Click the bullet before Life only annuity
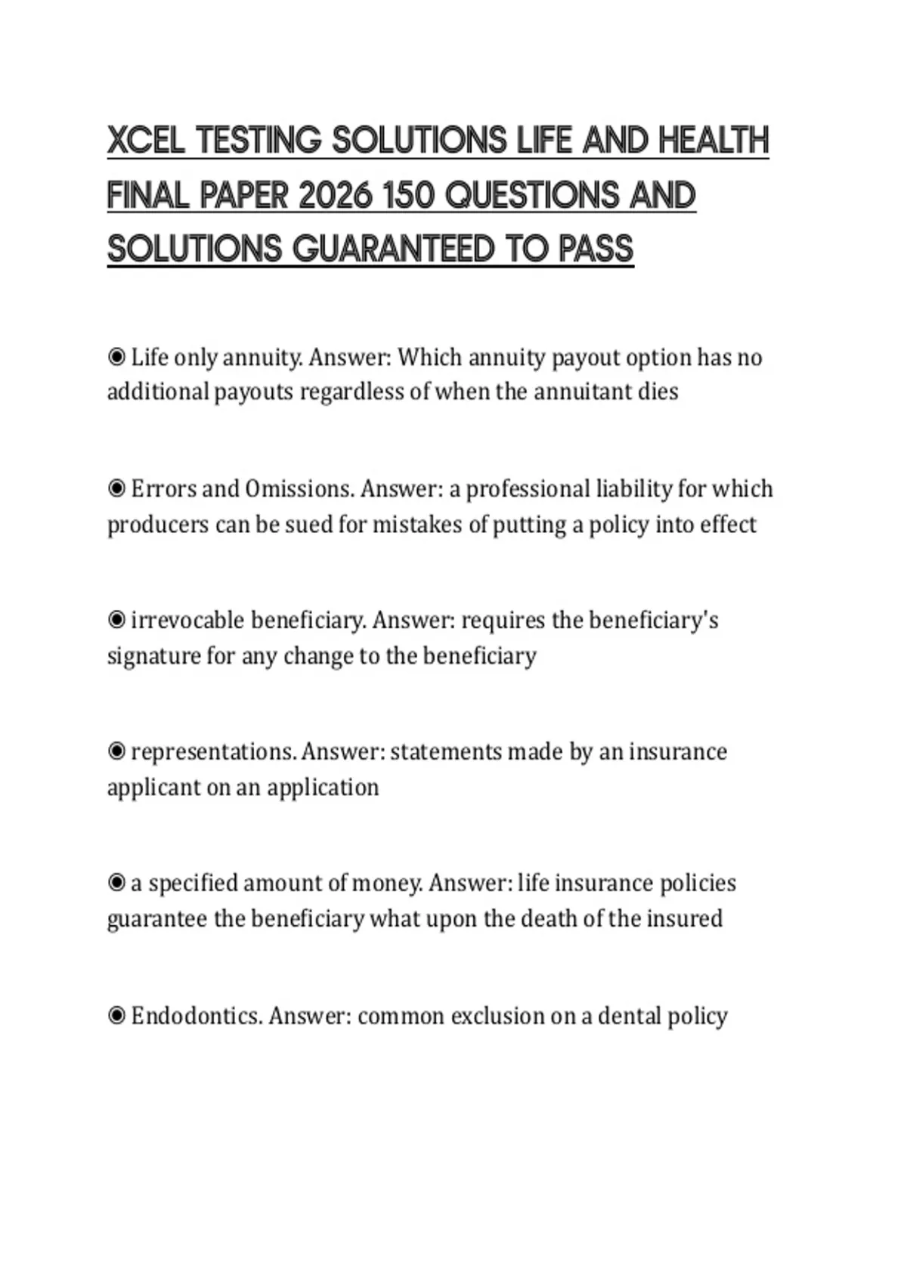coord(116,357)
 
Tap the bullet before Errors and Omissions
coord(116,489)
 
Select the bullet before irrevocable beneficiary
coord(116,621)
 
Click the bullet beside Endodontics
coord(116,1015)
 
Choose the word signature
coord(153,655)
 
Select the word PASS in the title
coord(596,249)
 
